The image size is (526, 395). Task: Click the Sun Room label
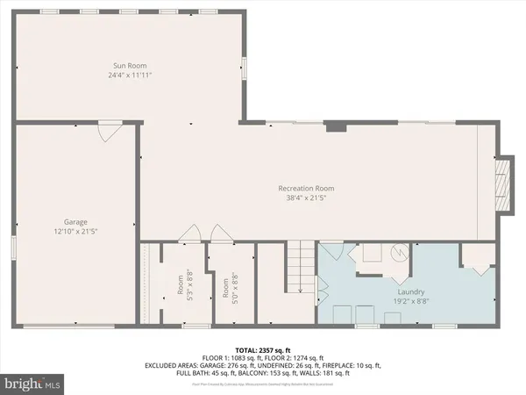(x=130, y=65)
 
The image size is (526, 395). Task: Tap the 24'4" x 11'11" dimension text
(x=130, y=75)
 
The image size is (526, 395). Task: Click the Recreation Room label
(x=306, y=189)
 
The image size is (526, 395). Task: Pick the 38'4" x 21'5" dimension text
(x=306, y=198)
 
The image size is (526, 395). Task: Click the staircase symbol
(x=302, y=269)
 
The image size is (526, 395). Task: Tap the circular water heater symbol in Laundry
(x=399, y=253)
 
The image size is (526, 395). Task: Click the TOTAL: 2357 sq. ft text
(x=262, y=349)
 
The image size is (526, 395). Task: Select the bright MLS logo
(x=33, y=384)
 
